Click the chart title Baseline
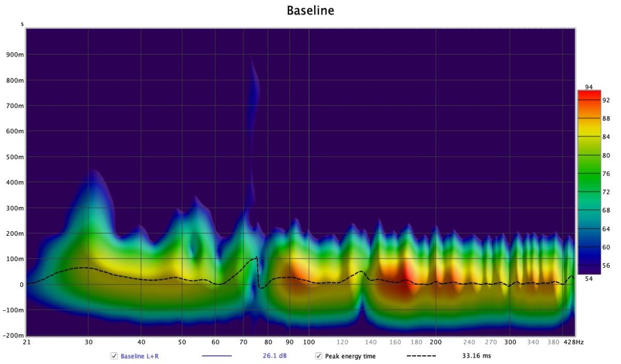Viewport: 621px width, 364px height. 310,10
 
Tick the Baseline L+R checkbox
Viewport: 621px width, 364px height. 114,356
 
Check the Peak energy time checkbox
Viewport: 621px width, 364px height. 319,356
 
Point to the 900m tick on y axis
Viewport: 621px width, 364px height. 16,55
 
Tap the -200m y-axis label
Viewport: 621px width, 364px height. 14,336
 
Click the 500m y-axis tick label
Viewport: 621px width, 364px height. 16,157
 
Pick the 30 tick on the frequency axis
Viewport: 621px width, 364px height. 88,342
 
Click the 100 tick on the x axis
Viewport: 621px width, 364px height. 309,342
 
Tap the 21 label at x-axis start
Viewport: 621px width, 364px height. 27,342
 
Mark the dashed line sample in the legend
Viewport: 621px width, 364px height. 421,356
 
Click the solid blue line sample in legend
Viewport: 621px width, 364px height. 216,356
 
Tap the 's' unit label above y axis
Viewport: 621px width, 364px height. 22,24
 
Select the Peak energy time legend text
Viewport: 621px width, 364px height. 350,356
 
